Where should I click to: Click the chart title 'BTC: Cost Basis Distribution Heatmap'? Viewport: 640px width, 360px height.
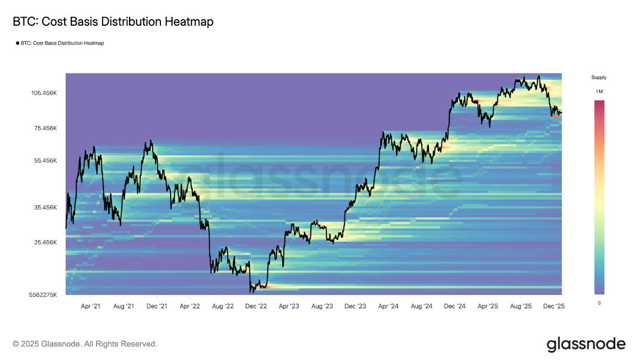pos(113,22)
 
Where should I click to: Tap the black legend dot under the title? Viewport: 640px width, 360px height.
pos(17,43)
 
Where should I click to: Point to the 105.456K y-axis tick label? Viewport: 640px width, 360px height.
pos(44,93)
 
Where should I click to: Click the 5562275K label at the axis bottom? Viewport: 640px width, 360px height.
pos(42,294)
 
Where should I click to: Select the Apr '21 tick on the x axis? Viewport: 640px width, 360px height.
pos(90,307)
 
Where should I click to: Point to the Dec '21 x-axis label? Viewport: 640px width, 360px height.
pos(156,307)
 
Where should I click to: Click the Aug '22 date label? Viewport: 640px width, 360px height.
pos(223,307)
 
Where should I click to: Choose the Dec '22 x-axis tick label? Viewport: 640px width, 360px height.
pos(256,307)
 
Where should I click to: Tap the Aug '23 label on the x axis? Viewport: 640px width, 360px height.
pos(322,307)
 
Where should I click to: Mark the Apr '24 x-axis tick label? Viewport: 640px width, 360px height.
pos(388,307)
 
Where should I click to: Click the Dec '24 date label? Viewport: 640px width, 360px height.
pos(454,307)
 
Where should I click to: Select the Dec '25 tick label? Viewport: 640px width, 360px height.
pos(554,307)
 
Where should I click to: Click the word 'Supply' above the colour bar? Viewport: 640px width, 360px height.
pos(598,77)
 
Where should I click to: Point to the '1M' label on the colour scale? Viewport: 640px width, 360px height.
pos(599,91)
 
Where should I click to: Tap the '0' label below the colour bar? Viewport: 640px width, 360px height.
pos(599,303)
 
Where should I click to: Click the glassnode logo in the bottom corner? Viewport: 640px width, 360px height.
pos(586,343)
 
